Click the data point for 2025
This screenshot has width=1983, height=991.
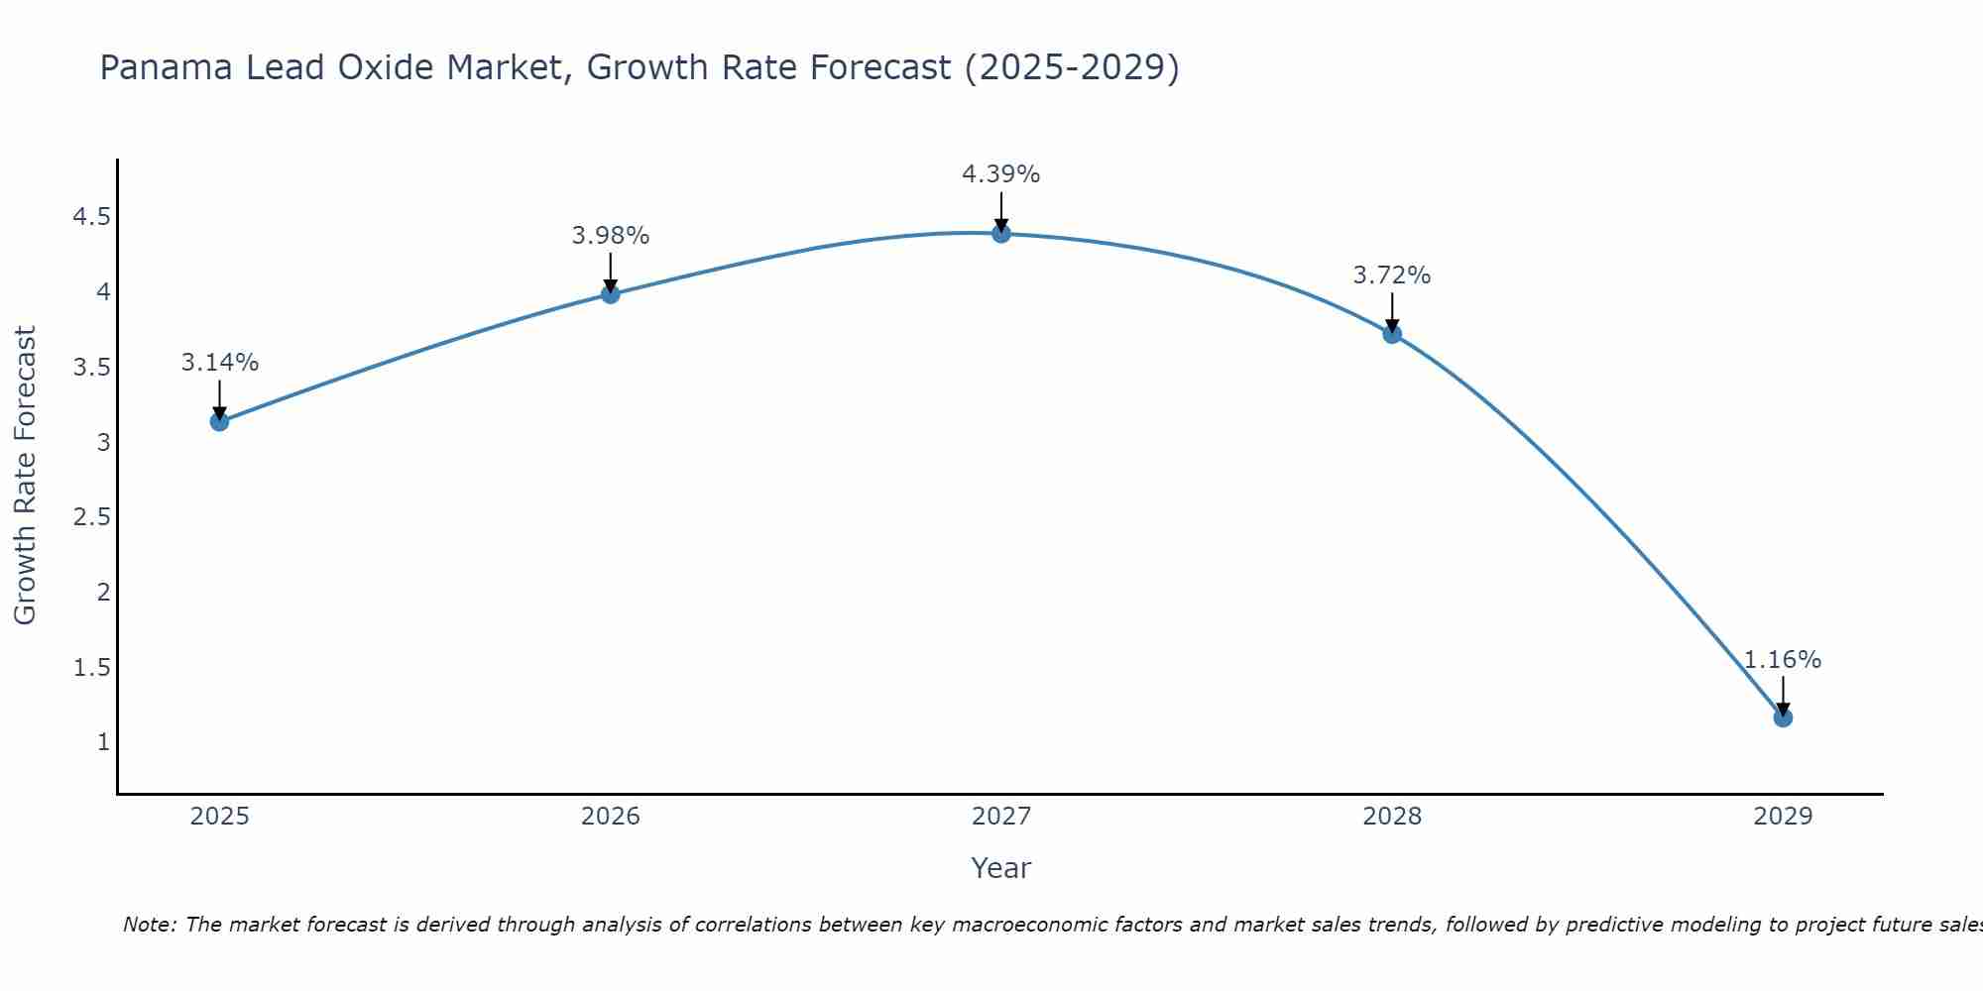tap(219, 421)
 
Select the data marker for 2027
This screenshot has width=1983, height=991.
tap(1001, 233)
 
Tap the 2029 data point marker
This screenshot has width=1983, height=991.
tap(1783, 717)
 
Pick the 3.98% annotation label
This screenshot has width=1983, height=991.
tap(611, 236)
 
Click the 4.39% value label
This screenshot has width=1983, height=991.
tap(1001, 174)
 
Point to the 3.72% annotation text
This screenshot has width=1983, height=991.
tap(1392, 275)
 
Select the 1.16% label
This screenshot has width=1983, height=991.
tap(1783, 660)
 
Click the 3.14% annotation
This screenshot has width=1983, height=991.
tap(219, 363)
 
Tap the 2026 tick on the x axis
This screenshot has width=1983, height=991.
tap(611, 817)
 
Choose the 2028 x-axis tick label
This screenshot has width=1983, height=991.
tap(1392, 817)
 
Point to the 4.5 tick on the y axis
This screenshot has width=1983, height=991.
tap(91, 217)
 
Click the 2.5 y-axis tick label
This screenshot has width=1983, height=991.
tap(91, 517)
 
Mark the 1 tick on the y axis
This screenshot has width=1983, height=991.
tap(103, 742)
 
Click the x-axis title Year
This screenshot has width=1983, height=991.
tap(1001, 868)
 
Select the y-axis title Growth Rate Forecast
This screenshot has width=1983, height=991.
tap(25, 476)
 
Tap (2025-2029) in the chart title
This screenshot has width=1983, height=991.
tap(1072, 67)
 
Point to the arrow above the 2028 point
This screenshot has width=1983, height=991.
tap(1392, 311)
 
